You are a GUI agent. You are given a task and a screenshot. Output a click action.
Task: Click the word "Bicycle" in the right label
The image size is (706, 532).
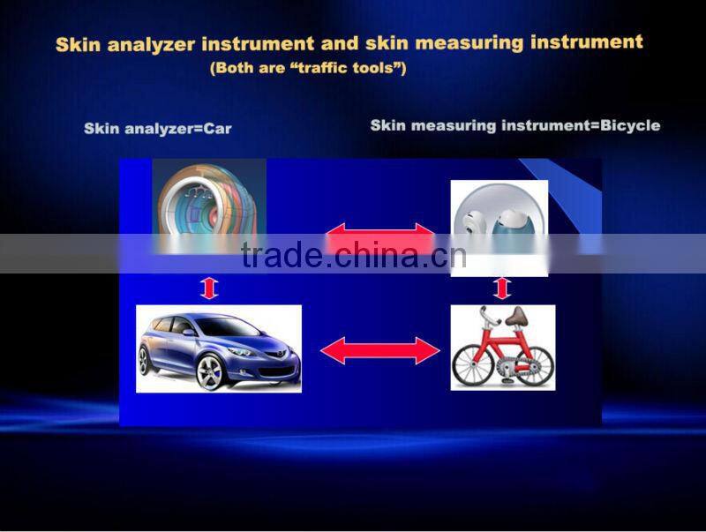(629, 125)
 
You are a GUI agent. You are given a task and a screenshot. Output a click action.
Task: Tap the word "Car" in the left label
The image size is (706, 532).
(217, 129)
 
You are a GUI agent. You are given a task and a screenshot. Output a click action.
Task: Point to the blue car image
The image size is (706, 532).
(219, 348)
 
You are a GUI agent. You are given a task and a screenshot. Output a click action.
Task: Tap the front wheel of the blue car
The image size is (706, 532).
(208, 371)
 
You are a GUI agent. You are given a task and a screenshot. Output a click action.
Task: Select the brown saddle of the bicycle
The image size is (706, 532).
(520, 315)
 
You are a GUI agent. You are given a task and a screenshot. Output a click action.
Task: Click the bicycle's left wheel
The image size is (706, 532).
(473, 366)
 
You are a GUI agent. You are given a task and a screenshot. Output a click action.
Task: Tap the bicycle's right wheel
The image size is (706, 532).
(532, 364)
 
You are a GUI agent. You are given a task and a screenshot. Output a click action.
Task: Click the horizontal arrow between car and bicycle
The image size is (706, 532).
(379, 351)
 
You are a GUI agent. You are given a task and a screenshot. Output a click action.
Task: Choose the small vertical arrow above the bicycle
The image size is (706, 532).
(502, 288)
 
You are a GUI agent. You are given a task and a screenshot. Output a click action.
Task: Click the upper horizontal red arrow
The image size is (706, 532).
(380, 237)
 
